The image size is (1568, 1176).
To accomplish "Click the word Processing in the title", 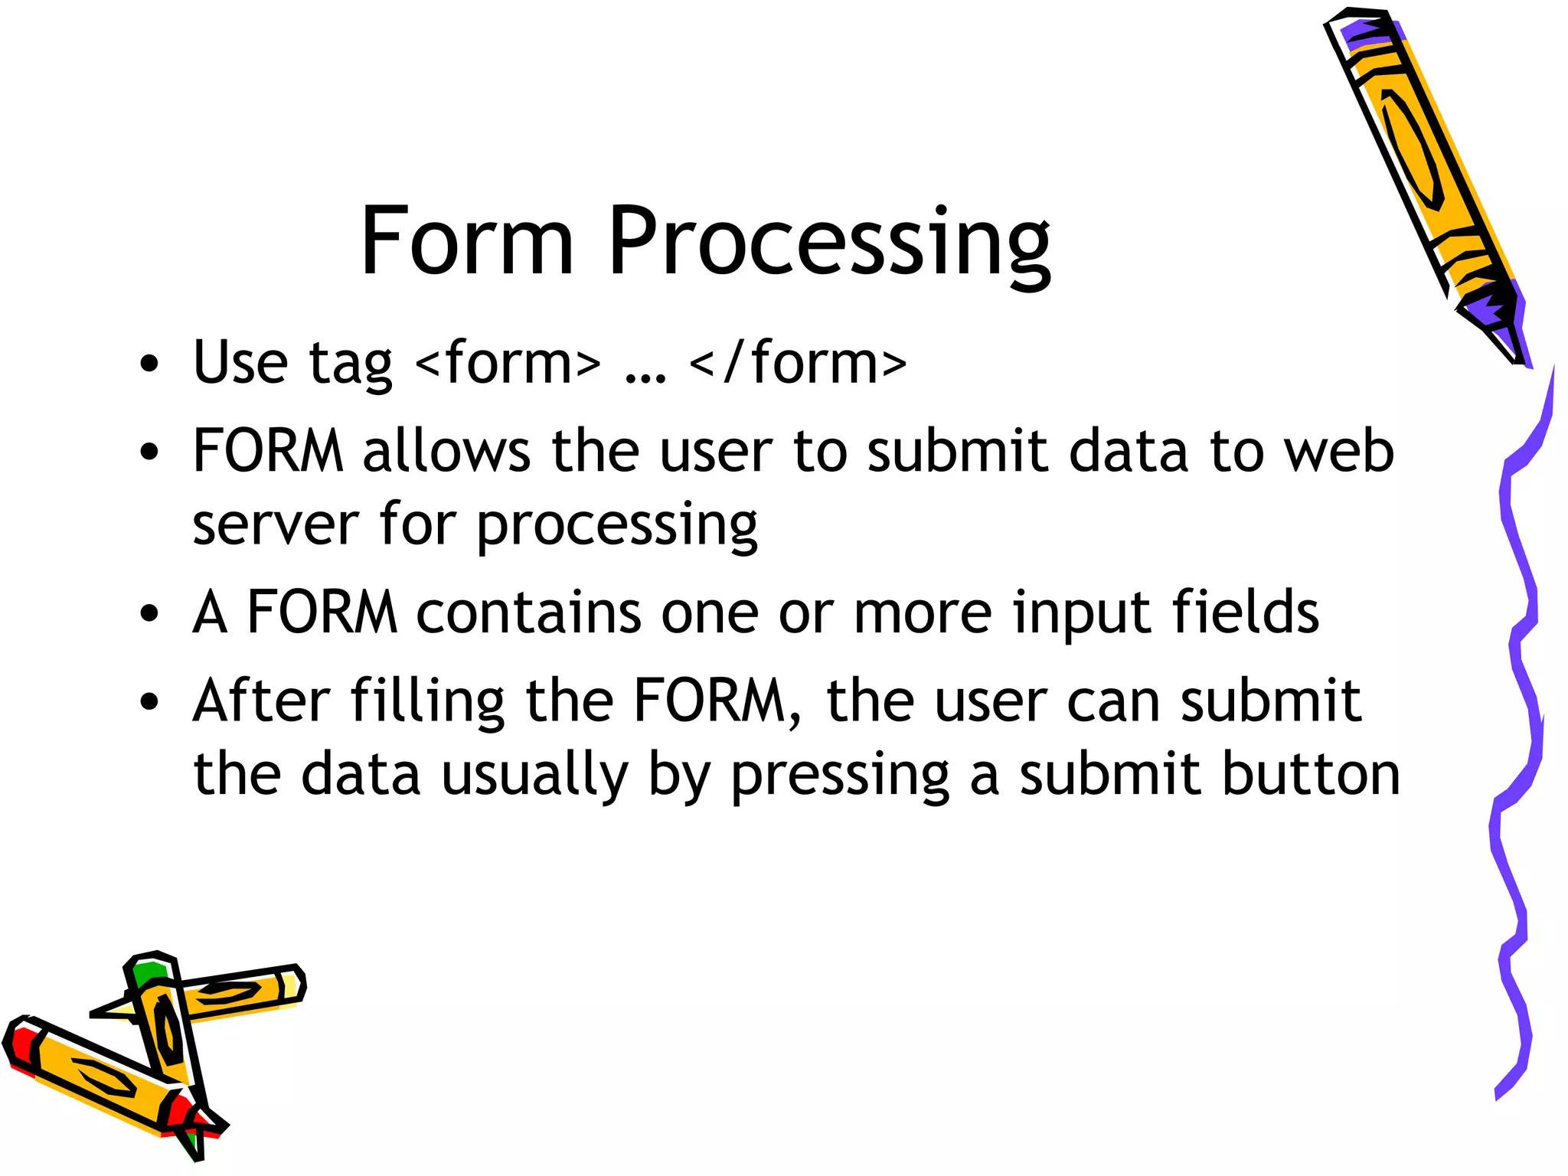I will [828, 243].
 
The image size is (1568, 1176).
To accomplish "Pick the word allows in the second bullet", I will [446, 451].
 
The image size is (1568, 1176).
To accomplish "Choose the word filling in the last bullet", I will [428, 702].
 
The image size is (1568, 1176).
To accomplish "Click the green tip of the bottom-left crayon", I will [147, 972].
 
